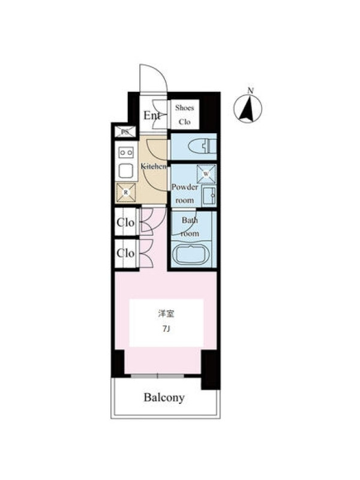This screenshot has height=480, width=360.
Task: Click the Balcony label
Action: click(164, 397)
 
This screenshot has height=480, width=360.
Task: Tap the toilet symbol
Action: click(202, 147)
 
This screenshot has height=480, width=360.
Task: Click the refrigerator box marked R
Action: click(125, 193)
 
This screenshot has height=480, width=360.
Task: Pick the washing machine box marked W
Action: click(206, 174)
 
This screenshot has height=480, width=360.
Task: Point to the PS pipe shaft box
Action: click(125, 132)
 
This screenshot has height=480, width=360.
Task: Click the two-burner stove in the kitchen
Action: click(126, 152)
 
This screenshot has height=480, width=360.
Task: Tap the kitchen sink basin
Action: click(126, 171)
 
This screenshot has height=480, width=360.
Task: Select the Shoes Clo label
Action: click(185, 115)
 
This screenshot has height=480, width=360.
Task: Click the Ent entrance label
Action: click(152, 116)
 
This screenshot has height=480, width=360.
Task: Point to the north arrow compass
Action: click(248, 109)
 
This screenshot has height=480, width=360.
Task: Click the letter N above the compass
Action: click(251, 91)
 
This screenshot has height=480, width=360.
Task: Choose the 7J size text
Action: click(166, 329)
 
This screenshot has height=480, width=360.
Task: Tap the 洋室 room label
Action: click(166, 314)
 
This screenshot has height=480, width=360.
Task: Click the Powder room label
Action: click(185, 193)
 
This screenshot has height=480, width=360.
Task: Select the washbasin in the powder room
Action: click(209, 196)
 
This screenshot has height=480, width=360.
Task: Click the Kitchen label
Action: click(154, 167)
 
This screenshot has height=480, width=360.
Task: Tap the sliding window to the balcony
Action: click(157, 376)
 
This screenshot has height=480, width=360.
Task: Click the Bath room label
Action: click(190, 227)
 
